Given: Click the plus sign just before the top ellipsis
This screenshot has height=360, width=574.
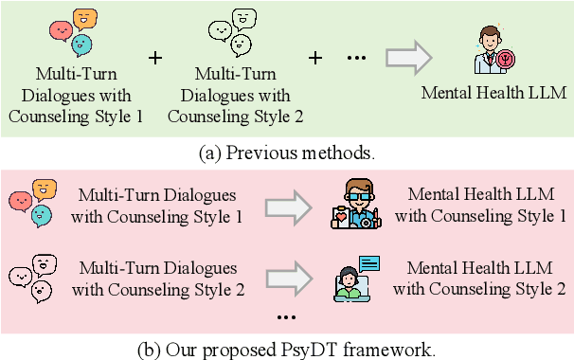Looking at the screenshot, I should coord(315,57).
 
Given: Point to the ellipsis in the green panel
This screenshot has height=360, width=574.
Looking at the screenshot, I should coord(355,59).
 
